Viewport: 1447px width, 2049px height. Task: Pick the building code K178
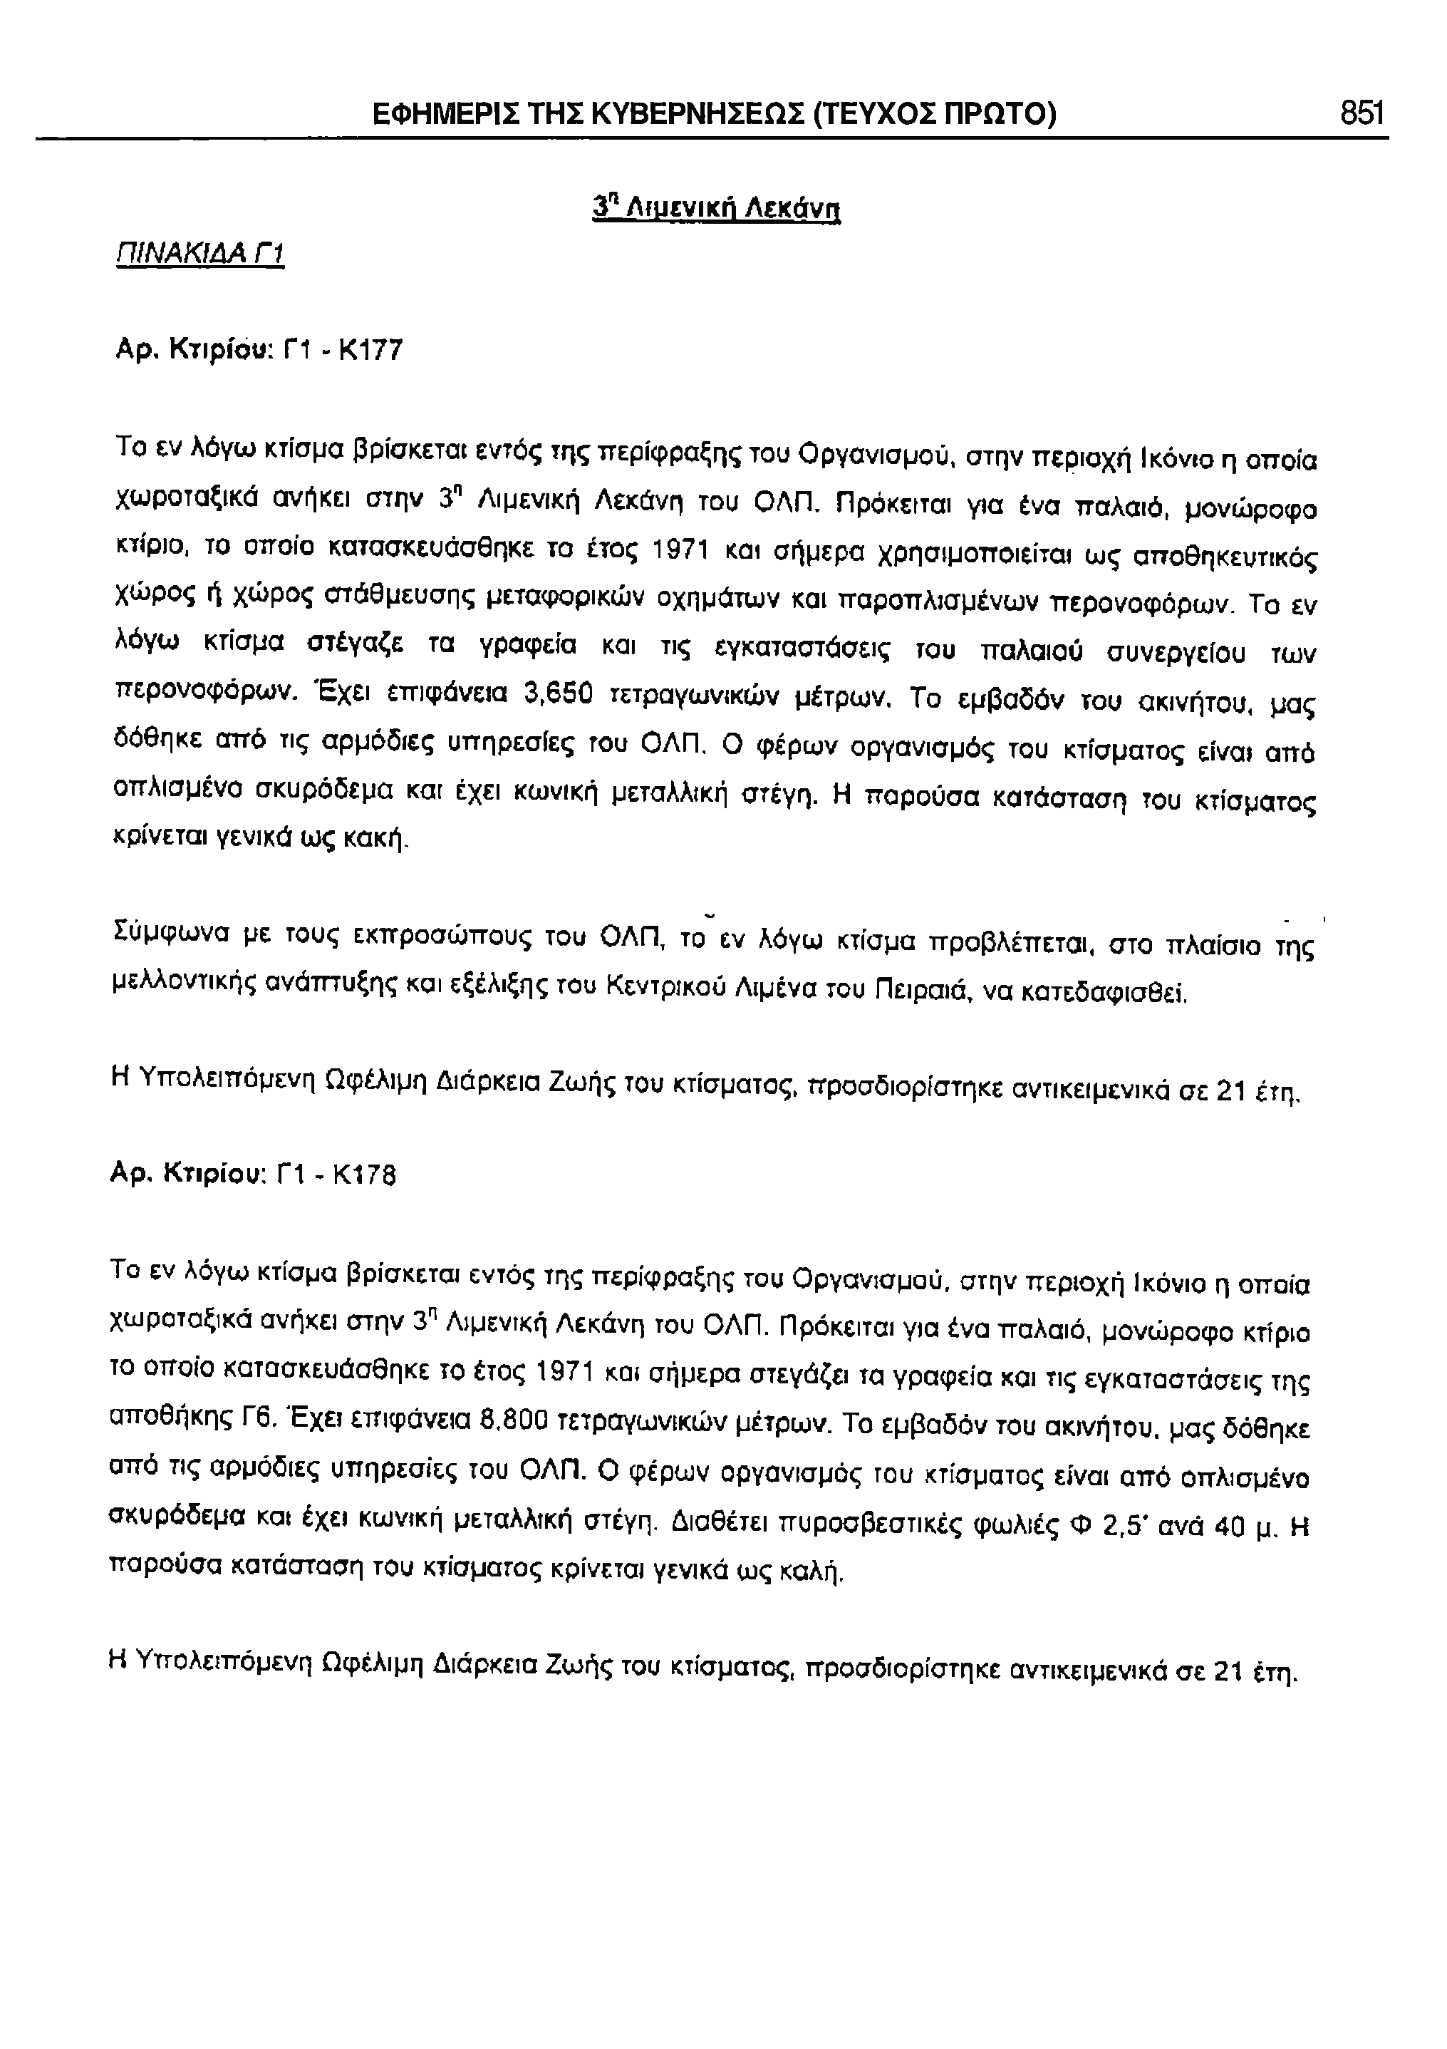tap(363, 1175)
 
